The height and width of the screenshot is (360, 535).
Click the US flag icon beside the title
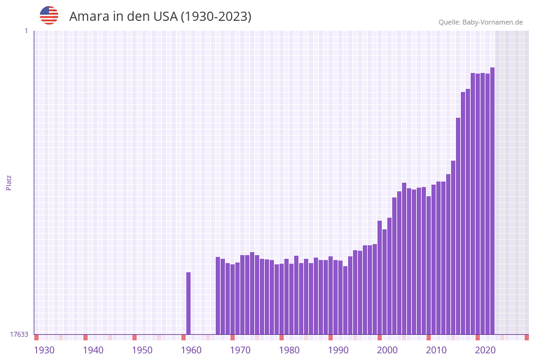[49, 15]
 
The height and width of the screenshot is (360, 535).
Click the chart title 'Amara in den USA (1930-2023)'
[160, 17]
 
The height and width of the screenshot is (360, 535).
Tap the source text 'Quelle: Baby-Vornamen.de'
[480, 22]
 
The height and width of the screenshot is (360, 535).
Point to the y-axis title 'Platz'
[9, 182]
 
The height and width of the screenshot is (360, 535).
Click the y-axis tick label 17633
[19, 334]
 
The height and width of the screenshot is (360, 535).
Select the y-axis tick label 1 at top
[26, 31]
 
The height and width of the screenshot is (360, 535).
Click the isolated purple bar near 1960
[188, 304]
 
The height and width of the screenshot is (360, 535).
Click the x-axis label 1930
[44, 350]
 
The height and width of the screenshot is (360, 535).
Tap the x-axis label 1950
[142, 350]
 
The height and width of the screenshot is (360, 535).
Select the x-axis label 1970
[240, 350]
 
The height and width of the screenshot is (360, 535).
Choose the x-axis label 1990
[338, 350]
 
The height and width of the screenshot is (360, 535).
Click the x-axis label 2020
[485, 350]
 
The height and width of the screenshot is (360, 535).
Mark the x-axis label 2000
[387, 350]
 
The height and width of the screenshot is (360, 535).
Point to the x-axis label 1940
[93, 350]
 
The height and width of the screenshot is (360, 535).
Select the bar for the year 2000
[384, 282]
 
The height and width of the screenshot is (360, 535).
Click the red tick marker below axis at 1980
[281, 337]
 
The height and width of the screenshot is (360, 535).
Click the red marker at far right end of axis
[526, 337]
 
